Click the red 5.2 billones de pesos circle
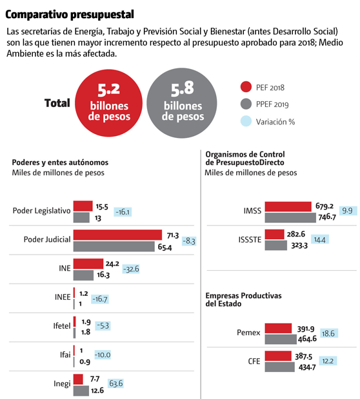[109, 103]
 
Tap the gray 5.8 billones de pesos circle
[182, 103]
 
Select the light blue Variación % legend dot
[246, 121]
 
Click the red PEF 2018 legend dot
[246, 87]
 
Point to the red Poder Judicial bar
[117, 235]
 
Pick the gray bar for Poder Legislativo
[81, 218]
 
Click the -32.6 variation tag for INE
[131, 269]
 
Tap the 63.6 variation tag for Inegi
[116, 384]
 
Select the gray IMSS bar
[290, 218]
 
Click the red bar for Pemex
[278, 328]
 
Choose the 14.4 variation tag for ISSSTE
[320, 239]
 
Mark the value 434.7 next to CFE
[307, 367]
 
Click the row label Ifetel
[62, 326]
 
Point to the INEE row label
[63, 297]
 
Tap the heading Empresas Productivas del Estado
[244, 300]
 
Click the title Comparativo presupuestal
[70, 15]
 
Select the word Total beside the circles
[57, 103]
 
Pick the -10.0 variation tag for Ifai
[103, 355]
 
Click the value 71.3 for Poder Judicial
[173, 236]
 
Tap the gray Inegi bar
[81, 391]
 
